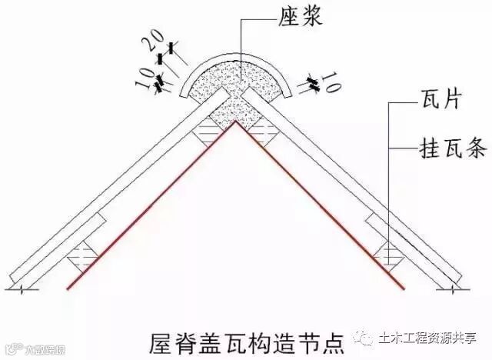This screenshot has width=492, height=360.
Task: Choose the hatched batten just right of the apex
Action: [266, 133]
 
